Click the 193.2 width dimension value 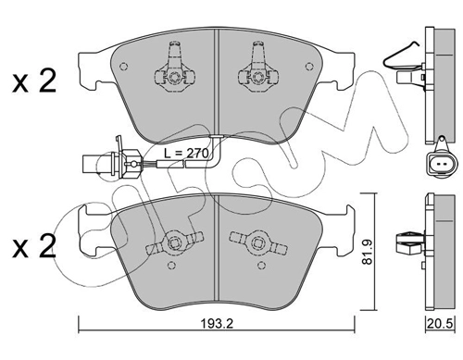coord(217,324)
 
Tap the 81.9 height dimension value coord(368,252)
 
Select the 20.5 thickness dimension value coord(440,324)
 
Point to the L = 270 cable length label coord(186,153)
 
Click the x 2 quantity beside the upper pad coord(34,81)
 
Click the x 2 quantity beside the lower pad coord(34,245)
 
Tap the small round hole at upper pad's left coord(123,67)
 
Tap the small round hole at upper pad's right coord(309,67)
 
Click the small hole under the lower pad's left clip coord(171,265)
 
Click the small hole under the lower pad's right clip coord(262,265)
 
